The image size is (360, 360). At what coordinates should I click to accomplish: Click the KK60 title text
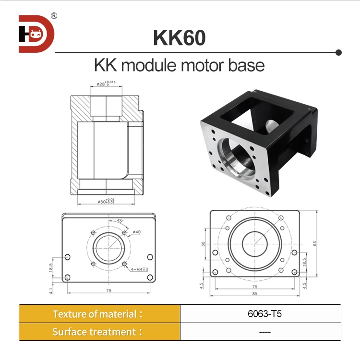coord(179,38)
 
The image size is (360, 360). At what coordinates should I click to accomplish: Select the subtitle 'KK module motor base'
coord(179,65)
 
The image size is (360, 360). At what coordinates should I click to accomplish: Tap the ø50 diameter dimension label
coord(106,202)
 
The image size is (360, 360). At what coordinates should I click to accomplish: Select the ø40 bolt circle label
coord(137,232)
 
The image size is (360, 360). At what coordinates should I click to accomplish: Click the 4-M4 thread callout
coord(140,270)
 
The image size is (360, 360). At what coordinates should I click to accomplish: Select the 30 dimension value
coord(203,244)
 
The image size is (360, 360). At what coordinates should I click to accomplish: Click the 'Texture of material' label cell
coord(99,314)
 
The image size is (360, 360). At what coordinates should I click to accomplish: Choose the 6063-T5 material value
coord(260,314)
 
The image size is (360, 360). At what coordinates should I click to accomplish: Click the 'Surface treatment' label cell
coord(99,332)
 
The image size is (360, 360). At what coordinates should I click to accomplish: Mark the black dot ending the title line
coord(338,52)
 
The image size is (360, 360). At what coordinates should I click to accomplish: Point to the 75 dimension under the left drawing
coord(108,291)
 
